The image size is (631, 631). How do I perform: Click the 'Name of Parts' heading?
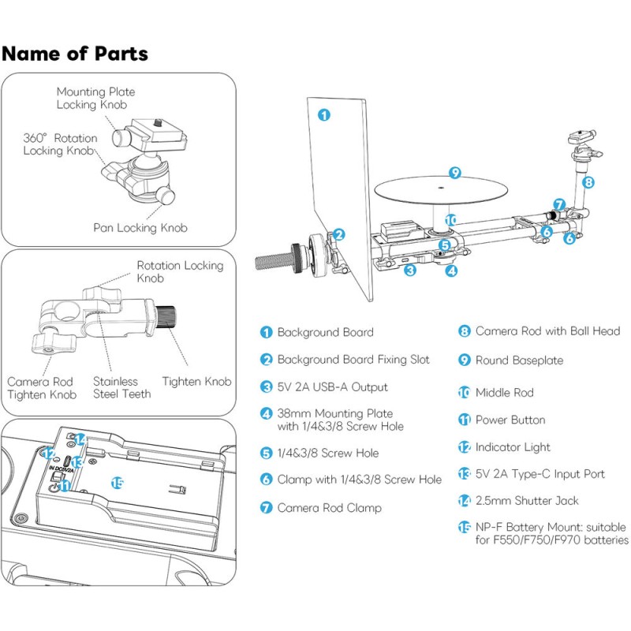(75, 54)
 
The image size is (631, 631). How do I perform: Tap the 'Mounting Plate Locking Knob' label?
(91, 98)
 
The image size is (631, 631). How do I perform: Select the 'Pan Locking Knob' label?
(140, 228)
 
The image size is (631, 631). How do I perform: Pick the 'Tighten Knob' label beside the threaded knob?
(196, 382)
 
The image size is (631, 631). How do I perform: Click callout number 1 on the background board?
(323, 114)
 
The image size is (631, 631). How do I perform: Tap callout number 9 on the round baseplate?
(454, 172)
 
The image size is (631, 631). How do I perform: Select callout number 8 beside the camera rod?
(588, 181)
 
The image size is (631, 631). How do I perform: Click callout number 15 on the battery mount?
(118, 483)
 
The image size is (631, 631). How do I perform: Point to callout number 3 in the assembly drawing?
(410, 271)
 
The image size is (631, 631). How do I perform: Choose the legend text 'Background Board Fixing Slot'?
(353, 360)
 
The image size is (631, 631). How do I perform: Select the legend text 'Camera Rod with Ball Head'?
(547, 331)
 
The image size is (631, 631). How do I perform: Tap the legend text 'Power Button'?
(510, 420)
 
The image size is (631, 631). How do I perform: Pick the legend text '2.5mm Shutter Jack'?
(526, 500)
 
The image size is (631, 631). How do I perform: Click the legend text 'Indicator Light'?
(513, 447)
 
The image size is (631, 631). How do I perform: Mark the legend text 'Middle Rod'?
(504, 392)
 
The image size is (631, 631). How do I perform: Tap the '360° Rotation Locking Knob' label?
(60, 144)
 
